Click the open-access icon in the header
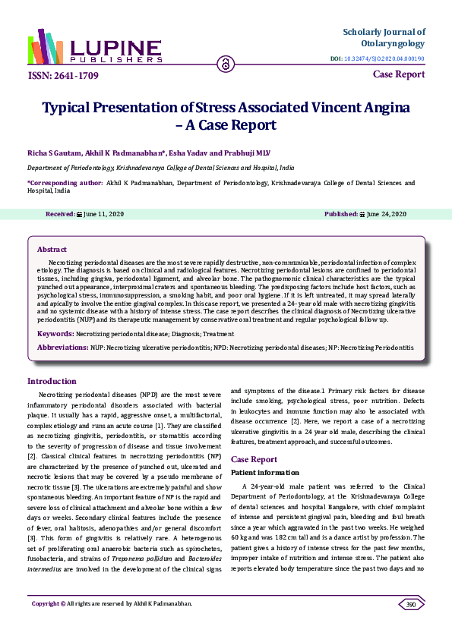[x=225, y=64]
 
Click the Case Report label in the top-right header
[x=399, y=74]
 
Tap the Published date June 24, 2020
[x=387, y=214]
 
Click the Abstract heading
[x=52, y=249]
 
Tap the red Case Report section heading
[x=254, y=459]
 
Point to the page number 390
[x=411, y=604]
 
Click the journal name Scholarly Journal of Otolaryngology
[x=384, y=38]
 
